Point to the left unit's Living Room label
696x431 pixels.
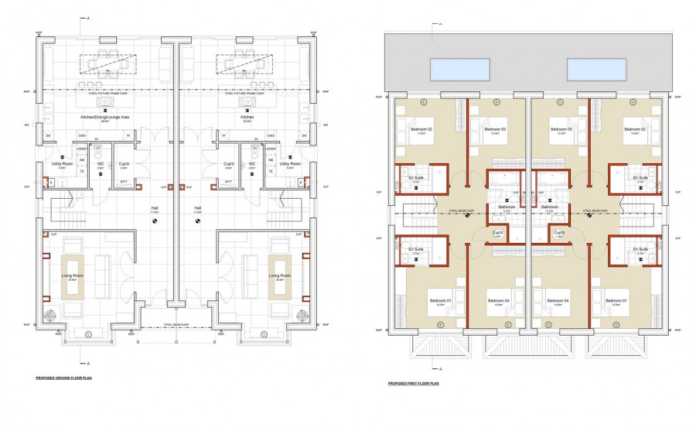pos(72,276)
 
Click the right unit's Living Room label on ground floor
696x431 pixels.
pos(279,276)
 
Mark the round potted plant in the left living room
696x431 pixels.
pos(50,316)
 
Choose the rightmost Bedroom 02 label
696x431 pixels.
pos(635,129)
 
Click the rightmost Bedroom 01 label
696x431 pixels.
pos(616,301)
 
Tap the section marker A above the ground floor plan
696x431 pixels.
pos(88,17)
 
